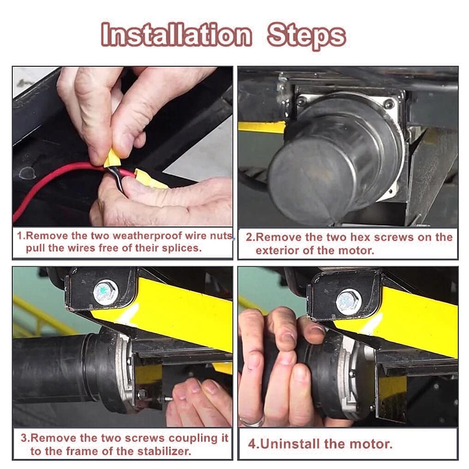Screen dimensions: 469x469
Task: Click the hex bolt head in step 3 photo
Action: coord(106,292)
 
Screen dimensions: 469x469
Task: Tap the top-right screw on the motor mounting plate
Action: coord(389,103)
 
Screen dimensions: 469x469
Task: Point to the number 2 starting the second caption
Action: coord(249,237)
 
